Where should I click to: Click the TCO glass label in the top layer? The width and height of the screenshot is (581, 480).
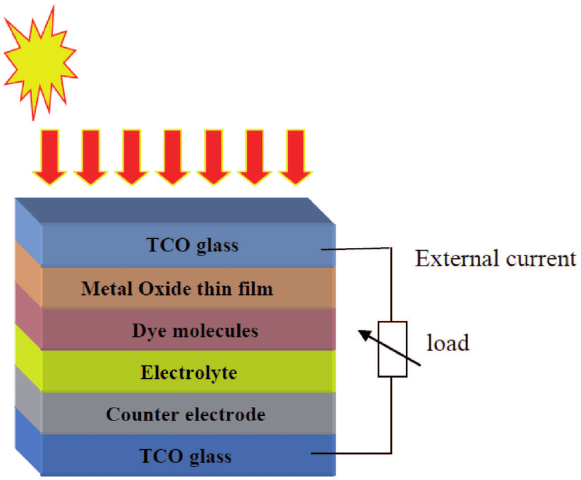(193, 245)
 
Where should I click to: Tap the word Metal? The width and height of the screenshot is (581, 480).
(105, 289)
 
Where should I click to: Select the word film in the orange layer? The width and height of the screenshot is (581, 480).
(256, 289)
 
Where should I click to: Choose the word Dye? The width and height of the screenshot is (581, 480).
(149, 331)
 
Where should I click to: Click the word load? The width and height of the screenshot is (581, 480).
(448, 342)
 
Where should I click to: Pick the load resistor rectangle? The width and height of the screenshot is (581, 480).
(392, 348)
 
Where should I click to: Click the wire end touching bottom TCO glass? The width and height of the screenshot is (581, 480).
(313, 452)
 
